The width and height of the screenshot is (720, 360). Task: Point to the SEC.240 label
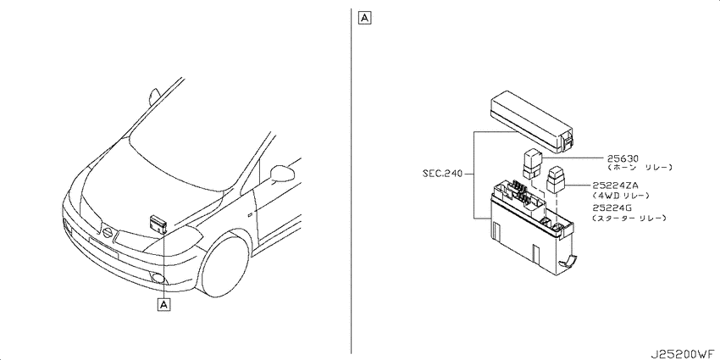(x=443, y=174)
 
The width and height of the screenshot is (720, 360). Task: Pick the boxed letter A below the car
(x=164, y=304)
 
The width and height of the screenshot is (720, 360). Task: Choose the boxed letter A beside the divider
(x=364, y=18)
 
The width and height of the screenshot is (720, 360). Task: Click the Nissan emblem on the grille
(x=107, y=232)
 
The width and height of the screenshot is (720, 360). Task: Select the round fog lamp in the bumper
(x=158, y=277)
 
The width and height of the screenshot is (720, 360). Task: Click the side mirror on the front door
(x=282, y=173)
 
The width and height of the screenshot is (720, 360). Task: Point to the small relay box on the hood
(x=158, y=223)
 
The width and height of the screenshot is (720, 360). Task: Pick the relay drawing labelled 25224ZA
(x=556, y=180)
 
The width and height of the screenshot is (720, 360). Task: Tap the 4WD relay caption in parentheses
(x=621, y=196)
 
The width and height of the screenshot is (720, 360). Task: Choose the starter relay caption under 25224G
(x=629, y=218)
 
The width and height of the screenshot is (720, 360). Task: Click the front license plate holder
(x=103, y=247)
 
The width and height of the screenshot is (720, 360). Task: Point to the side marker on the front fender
(x=249, y=214)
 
